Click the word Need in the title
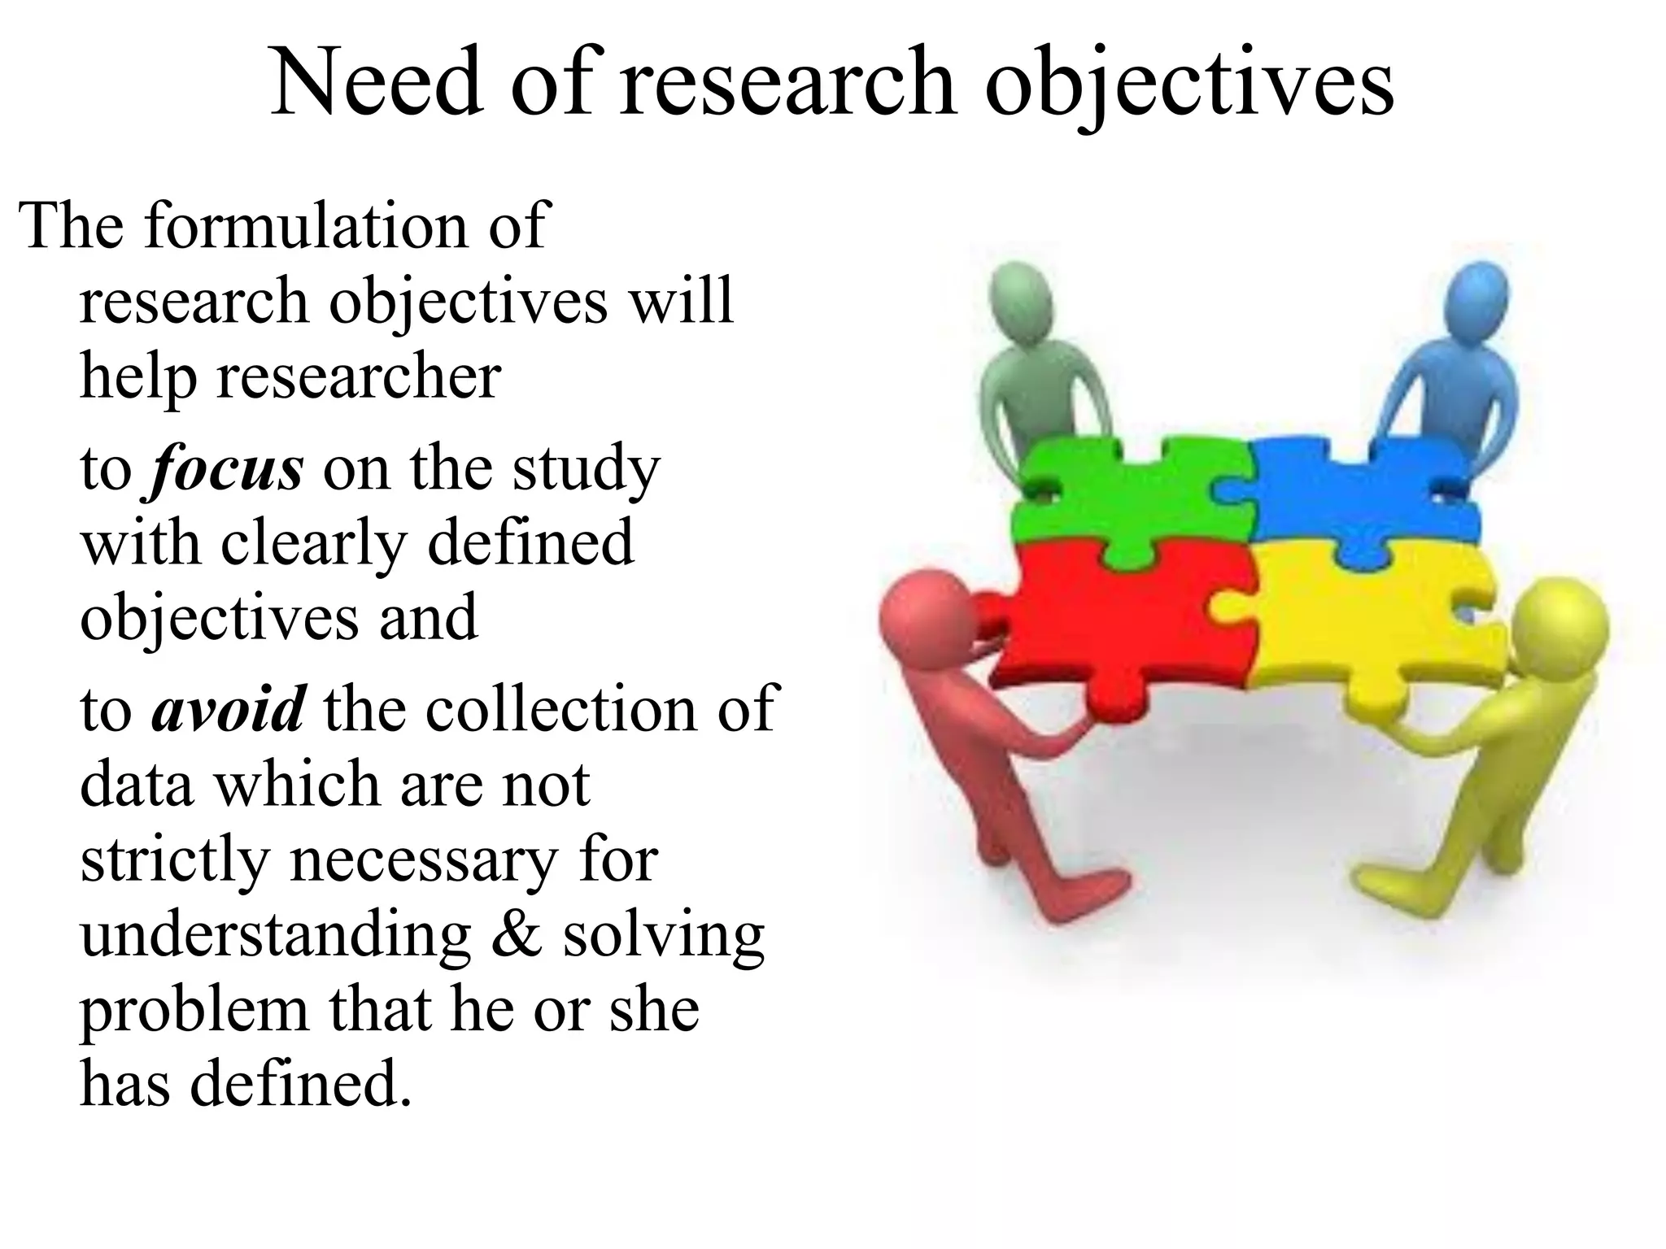point(376,83)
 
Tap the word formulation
point(308,225)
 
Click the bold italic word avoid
point(229,709)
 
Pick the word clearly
point(313,543)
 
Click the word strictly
point(174,861)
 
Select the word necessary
point(424,861)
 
